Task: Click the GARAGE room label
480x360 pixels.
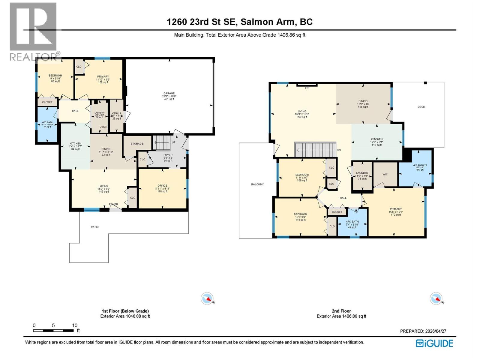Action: coord(169,93)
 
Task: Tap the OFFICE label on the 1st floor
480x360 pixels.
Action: coord(162,186)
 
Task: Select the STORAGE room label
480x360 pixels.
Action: coord(137,144)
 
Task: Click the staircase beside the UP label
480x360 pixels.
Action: coord(162,142)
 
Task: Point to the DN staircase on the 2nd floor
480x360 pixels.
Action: coord(315,149)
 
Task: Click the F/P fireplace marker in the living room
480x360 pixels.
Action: coord(307,88)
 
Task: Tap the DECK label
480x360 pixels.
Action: coord(421,107)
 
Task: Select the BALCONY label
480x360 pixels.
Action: coord(257,184)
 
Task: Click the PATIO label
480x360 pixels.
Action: coord(94,227)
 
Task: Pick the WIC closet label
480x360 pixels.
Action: coord(385,174)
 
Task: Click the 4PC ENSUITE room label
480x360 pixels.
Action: coord(420,165)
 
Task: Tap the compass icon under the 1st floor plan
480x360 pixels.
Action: coord(207,298)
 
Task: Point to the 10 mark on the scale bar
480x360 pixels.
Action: coord(74,325)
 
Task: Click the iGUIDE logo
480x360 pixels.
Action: coord(434,343)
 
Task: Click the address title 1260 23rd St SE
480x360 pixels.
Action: coord(239,22)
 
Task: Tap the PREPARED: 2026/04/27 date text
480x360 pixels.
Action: coord(423,331)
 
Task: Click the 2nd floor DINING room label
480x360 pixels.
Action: coord(363,101)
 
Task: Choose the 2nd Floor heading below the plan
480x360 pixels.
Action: coord(341,311)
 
